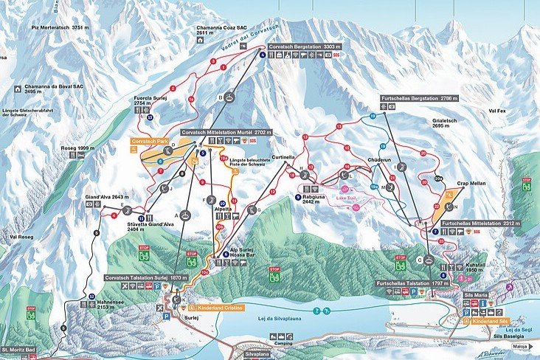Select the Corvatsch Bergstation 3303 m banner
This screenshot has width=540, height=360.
[302, 46]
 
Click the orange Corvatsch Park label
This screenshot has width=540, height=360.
[148, 139]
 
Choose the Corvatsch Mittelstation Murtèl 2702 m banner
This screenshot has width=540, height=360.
[227, 132]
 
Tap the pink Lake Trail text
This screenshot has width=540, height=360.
[347, 198]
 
